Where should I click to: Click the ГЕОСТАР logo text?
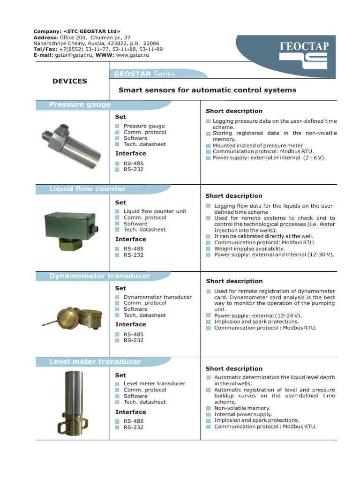click(x=303, y=46)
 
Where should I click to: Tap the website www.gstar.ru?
click(x=132, y=55)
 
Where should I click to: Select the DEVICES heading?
click(x=70, y=81)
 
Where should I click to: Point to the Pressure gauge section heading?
click(x=80, y=105)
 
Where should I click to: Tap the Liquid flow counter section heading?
click(x=87, y=189)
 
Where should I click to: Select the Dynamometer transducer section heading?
click(x=99, y=276)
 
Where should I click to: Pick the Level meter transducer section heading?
click(x=95, y=362)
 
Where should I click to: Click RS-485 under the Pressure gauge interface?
click(x=134, y=163)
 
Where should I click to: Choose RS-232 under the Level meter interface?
click(x=134, y=427)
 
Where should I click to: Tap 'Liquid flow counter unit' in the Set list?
click(x=155, y=211)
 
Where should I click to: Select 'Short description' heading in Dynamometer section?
click(x=234, y=281)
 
